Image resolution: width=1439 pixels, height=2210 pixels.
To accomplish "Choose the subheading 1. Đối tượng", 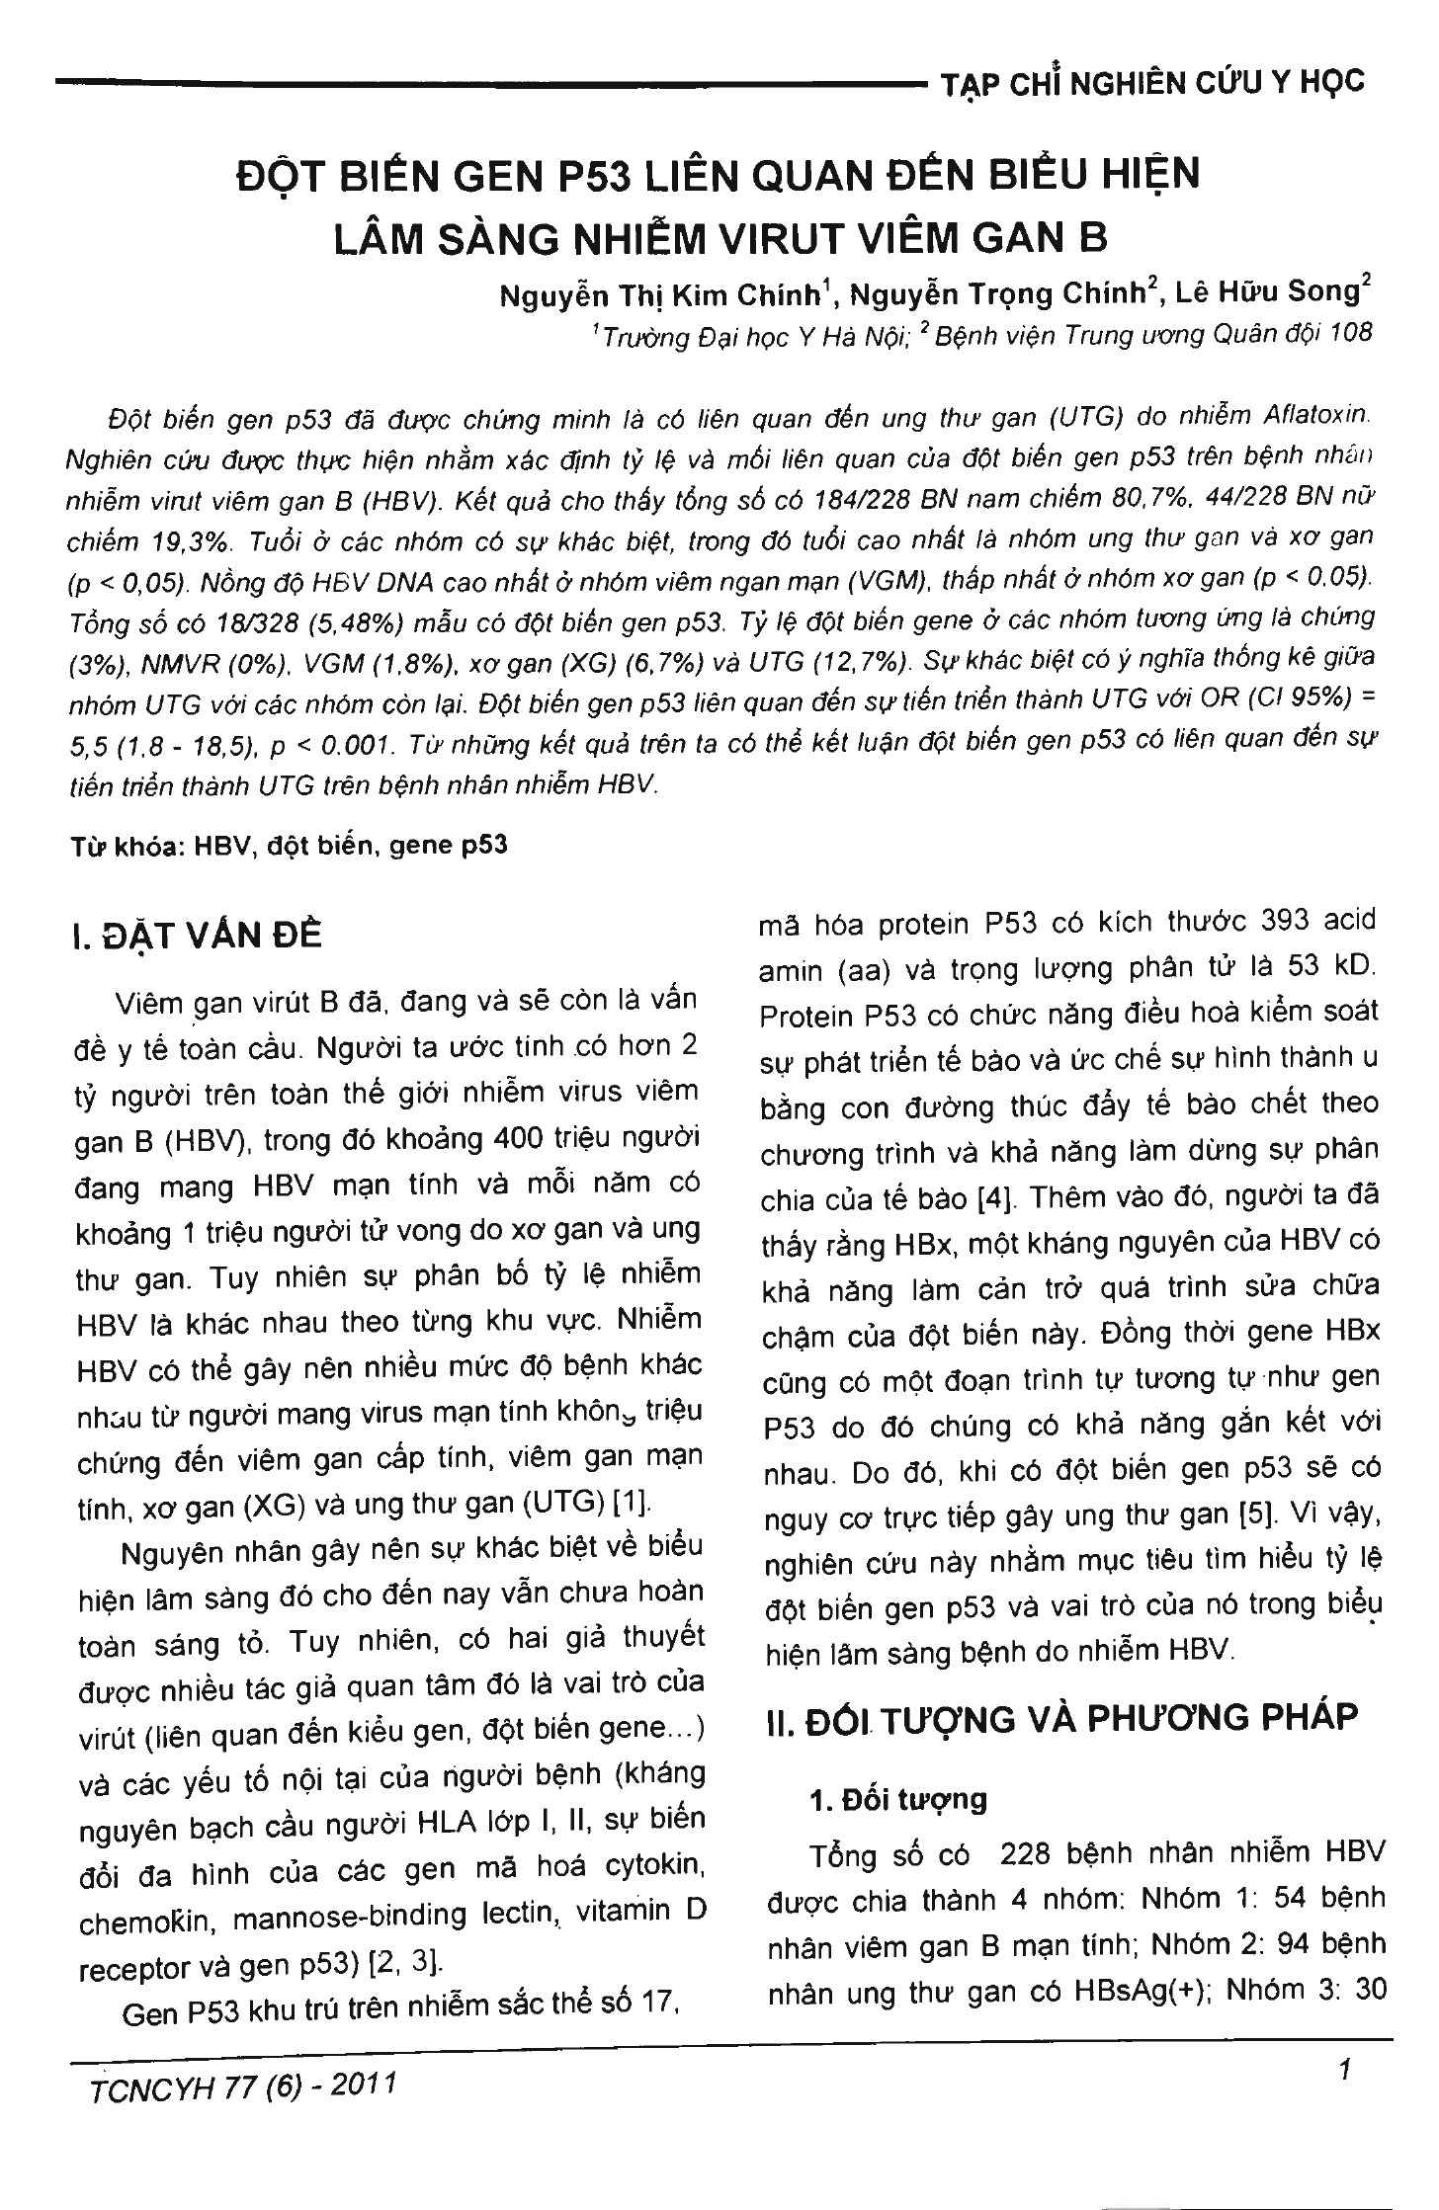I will (x=897, y=1800).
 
